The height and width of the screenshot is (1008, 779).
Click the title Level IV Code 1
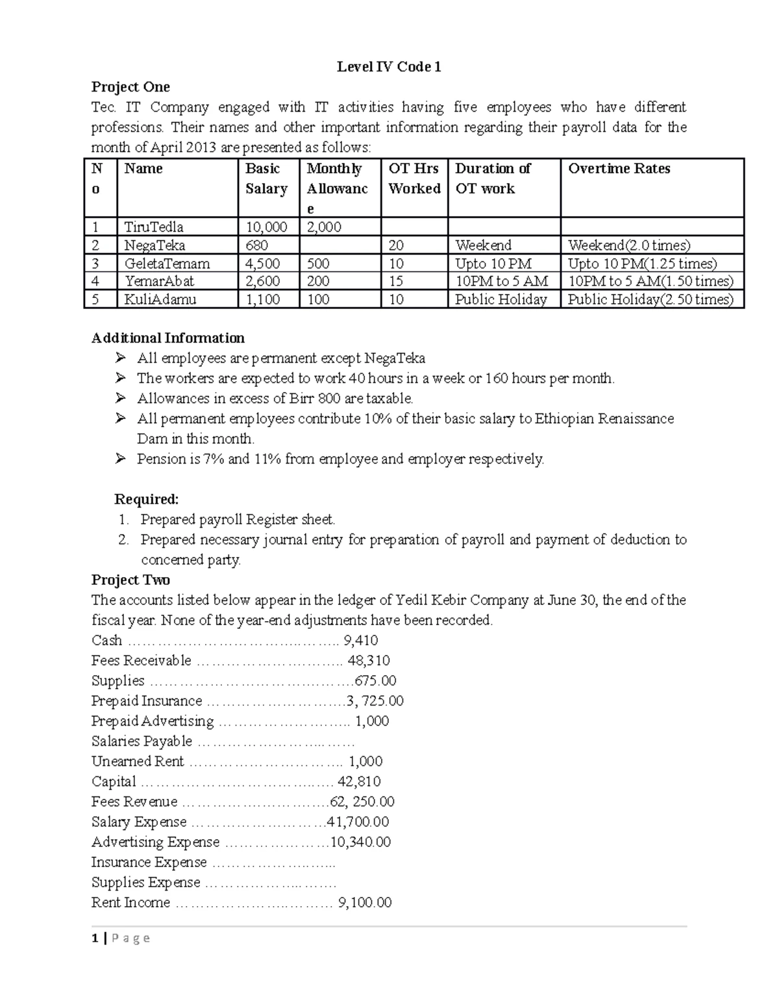[x=389, y=67]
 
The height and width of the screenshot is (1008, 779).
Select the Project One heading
[x=130, y=87]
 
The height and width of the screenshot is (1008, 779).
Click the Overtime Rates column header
[x=619, y=169]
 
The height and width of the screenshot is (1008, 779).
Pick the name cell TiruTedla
[x=154, y=227]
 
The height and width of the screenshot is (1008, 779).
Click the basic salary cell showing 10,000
[x=266, y=227]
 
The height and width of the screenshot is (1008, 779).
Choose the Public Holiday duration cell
[x=501, y=299]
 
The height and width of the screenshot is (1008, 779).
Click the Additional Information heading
[x=168, y=338]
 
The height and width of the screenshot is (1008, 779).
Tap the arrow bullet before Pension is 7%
[x=120, y=459]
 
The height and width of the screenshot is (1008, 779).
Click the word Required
[x=146, y=499]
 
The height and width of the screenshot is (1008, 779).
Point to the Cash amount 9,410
[x=360, y=641]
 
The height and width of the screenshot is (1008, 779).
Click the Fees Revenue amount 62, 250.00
[x=362, y=802]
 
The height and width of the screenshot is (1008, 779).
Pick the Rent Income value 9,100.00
[x=365, y=902]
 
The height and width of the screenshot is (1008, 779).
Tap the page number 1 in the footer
[x=95, y=938]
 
